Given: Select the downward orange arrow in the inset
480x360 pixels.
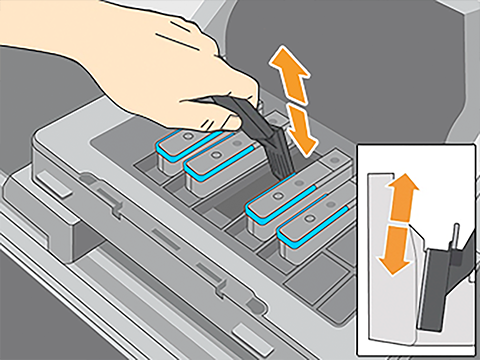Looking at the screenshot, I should [396, 250].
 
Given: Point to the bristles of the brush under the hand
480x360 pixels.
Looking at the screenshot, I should [277, 161].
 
